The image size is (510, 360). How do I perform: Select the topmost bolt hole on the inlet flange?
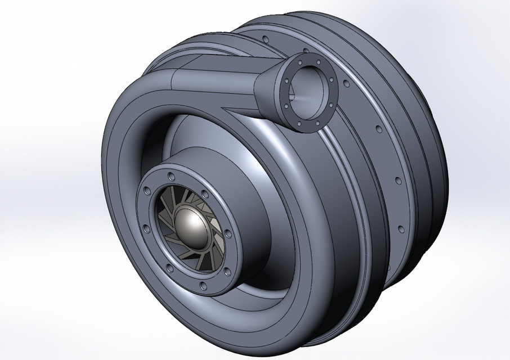pos(171,172)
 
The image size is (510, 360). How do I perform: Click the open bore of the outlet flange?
pos(308,91)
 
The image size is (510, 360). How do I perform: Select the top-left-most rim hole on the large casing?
pos(264,39)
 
